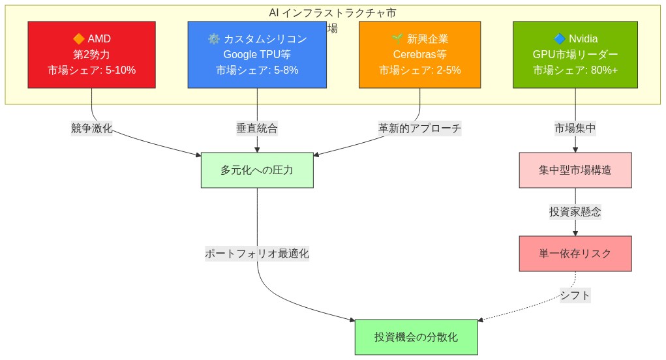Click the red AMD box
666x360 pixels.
[91, 55]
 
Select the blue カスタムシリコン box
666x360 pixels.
[257, 55]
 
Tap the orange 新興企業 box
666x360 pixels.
[419, 55]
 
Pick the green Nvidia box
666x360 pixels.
[575, 55]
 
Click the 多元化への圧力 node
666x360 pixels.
[257, 170]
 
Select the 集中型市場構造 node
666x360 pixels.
[575, 170]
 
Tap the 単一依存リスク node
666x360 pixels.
[575, 254]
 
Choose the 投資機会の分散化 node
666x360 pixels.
[416, 337]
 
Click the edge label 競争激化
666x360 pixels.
[91, 128]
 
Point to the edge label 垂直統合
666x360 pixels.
[257, 128]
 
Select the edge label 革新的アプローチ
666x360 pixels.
[419, 128]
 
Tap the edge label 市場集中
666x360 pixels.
[575, 128]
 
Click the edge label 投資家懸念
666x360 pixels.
[575, 212]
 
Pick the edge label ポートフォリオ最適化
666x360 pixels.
[257, 254]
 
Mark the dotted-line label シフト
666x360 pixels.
[575, 295]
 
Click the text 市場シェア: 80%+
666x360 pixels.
[575, 70]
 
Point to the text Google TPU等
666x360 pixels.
[257, 55]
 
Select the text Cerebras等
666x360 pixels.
[419, 55]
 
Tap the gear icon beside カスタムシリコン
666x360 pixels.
[213, 39]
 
